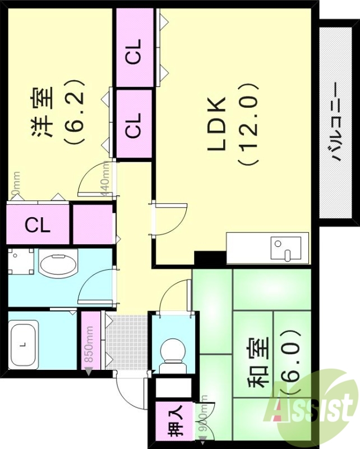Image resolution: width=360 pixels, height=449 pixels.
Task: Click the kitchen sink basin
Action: (285, 248)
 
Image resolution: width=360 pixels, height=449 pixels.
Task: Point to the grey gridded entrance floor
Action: (126, 340)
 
